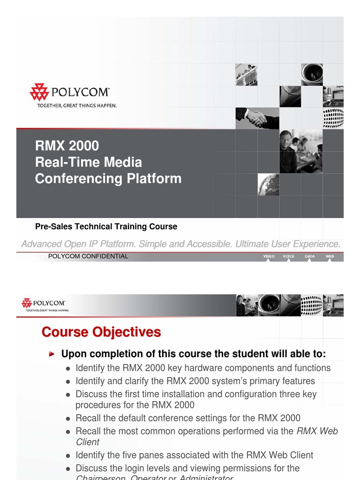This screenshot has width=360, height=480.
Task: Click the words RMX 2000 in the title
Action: (67, 146)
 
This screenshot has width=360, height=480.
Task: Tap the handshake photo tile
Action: (257, 118)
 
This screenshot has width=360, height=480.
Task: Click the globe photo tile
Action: (268, 185)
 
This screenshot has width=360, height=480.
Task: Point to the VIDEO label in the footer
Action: (269, 256)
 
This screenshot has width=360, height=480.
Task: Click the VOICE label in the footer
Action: (289, 256)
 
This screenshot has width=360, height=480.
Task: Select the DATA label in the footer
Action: (309, 256)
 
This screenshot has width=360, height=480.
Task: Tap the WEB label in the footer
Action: (330, 256)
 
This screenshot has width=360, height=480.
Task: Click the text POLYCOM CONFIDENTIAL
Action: (88, 256)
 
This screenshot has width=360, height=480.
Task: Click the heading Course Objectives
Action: (101, 332)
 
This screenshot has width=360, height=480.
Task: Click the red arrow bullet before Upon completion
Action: (52, 353)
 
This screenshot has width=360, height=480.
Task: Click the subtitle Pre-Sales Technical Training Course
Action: (106, 226)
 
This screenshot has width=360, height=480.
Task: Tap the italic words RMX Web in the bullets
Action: (317, 431)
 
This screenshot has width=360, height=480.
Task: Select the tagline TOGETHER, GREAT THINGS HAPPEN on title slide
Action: (77, 105)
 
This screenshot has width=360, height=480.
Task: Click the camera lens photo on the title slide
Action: (312, 74)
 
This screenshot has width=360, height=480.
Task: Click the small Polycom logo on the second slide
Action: (43, 304)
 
